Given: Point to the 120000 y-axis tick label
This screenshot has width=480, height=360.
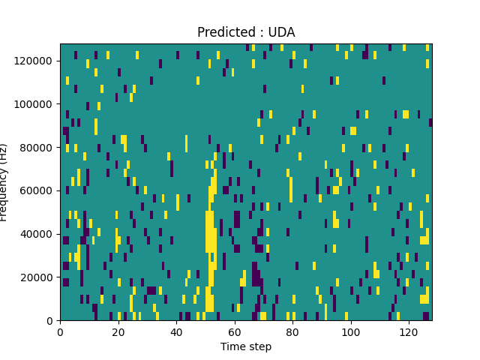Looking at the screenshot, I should (36, 61).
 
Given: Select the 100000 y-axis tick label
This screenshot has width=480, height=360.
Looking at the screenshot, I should (36, 104).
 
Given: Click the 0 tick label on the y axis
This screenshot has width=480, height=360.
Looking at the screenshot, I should (52, 321).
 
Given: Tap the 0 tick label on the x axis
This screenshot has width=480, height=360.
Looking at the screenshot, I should (60, 331).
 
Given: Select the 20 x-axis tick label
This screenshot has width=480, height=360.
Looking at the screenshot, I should (118, 331).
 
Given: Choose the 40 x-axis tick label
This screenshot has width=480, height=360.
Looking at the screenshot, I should (176, 331).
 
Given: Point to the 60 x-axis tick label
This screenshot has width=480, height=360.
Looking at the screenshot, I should (235, 331).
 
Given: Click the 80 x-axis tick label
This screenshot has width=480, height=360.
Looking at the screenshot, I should (292, 331).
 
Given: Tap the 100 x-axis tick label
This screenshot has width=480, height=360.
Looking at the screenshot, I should (350, 331).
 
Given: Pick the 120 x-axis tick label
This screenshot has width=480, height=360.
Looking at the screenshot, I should (409, 331).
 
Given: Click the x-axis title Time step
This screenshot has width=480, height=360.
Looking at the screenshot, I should (246, 346).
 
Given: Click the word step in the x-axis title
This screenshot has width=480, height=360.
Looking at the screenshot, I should (259, 347).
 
